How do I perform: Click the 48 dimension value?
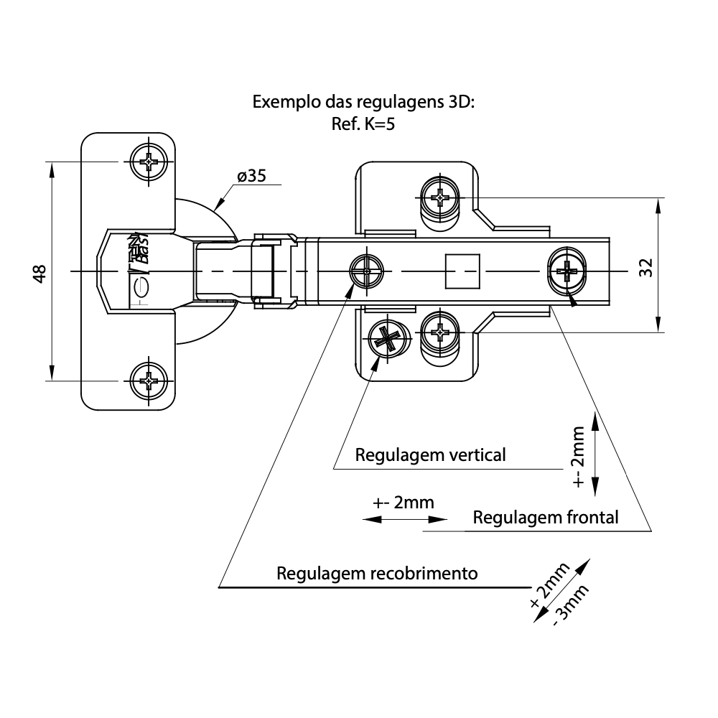[40, 273]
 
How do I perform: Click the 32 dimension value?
[645, 267]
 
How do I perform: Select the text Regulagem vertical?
[430, 454]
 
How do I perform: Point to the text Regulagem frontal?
[546, 517]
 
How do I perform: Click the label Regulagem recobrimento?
[377, 574]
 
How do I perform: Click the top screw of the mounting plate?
[439, 195]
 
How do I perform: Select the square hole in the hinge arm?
[462, 271]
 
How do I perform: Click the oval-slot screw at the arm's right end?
[567, 271]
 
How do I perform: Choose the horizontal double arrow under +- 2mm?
[406, 519]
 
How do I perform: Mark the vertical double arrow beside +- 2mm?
[596, 454]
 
